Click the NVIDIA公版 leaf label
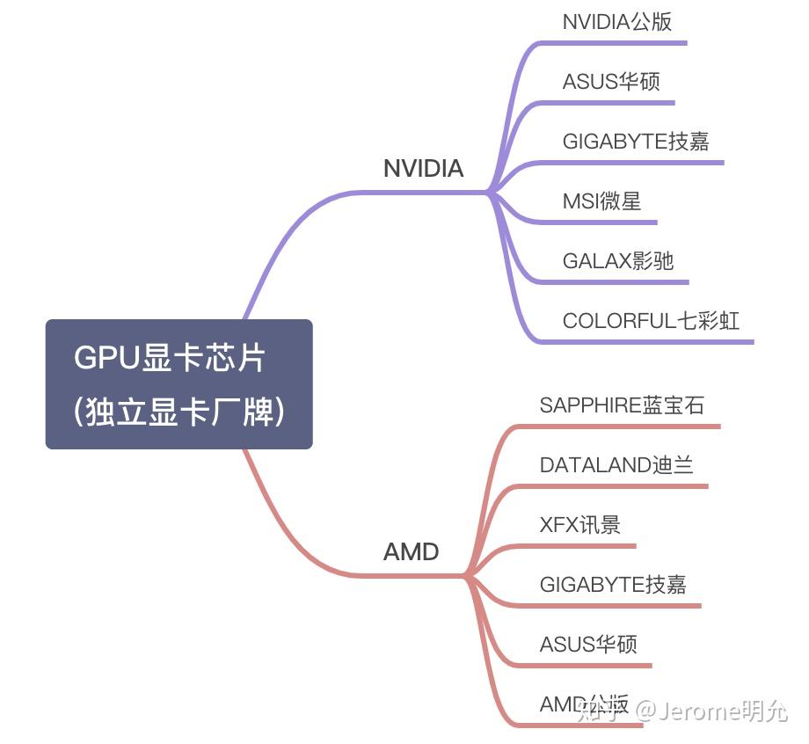pos(616,22)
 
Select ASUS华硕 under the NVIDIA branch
pos(610,82)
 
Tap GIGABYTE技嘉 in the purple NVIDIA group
pos(635,142)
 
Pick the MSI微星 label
pos(601,201)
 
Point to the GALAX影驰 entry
pos(617,261)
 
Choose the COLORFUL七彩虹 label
pos(651,321)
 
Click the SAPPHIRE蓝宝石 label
pos(621,405)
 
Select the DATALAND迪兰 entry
pos(616,465)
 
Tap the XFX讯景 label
pos(579,525)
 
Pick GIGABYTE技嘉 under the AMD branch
pos(612,585)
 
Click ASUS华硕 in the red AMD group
pos(587,645)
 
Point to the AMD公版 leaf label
pos(584,704)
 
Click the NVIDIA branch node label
pos(423,169)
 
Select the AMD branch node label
pos(411,552)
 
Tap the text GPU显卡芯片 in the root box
pos(170,359)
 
